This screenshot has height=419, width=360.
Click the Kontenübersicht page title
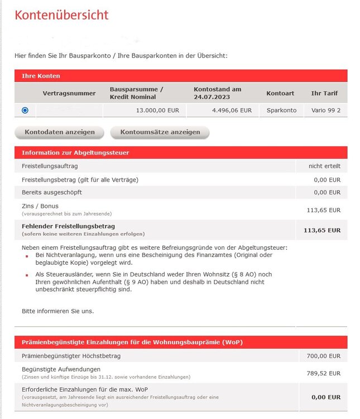pos(61,15)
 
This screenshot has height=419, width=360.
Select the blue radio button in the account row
pos(25,111)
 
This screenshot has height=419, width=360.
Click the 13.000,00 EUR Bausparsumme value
pos(157,111)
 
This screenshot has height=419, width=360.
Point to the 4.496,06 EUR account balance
pos(232,111)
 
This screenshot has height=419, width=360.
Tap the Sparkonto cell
pos(281,111)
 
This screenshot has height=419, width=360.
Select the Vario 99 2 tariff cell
pos(326,111)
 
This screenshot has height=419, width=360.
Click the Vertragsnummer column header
pos(69,93)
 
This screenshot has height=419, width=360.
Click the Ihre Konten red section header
pos(41,75)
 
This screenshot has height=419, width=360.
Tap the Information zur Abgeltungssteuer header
pos(75,153)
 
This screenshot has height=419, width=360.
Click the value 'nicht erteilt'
pos(324,166)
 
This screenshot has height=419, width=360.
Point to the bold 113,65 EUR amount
pos(321,230)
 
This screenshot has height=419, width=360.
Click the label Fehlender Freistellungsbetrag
pos(68,226)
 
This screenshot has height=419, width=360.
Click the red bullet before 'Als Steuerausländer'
pos(27,275)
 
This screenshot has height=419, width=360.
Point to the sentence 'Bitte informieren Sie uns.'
pos(57,311)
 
